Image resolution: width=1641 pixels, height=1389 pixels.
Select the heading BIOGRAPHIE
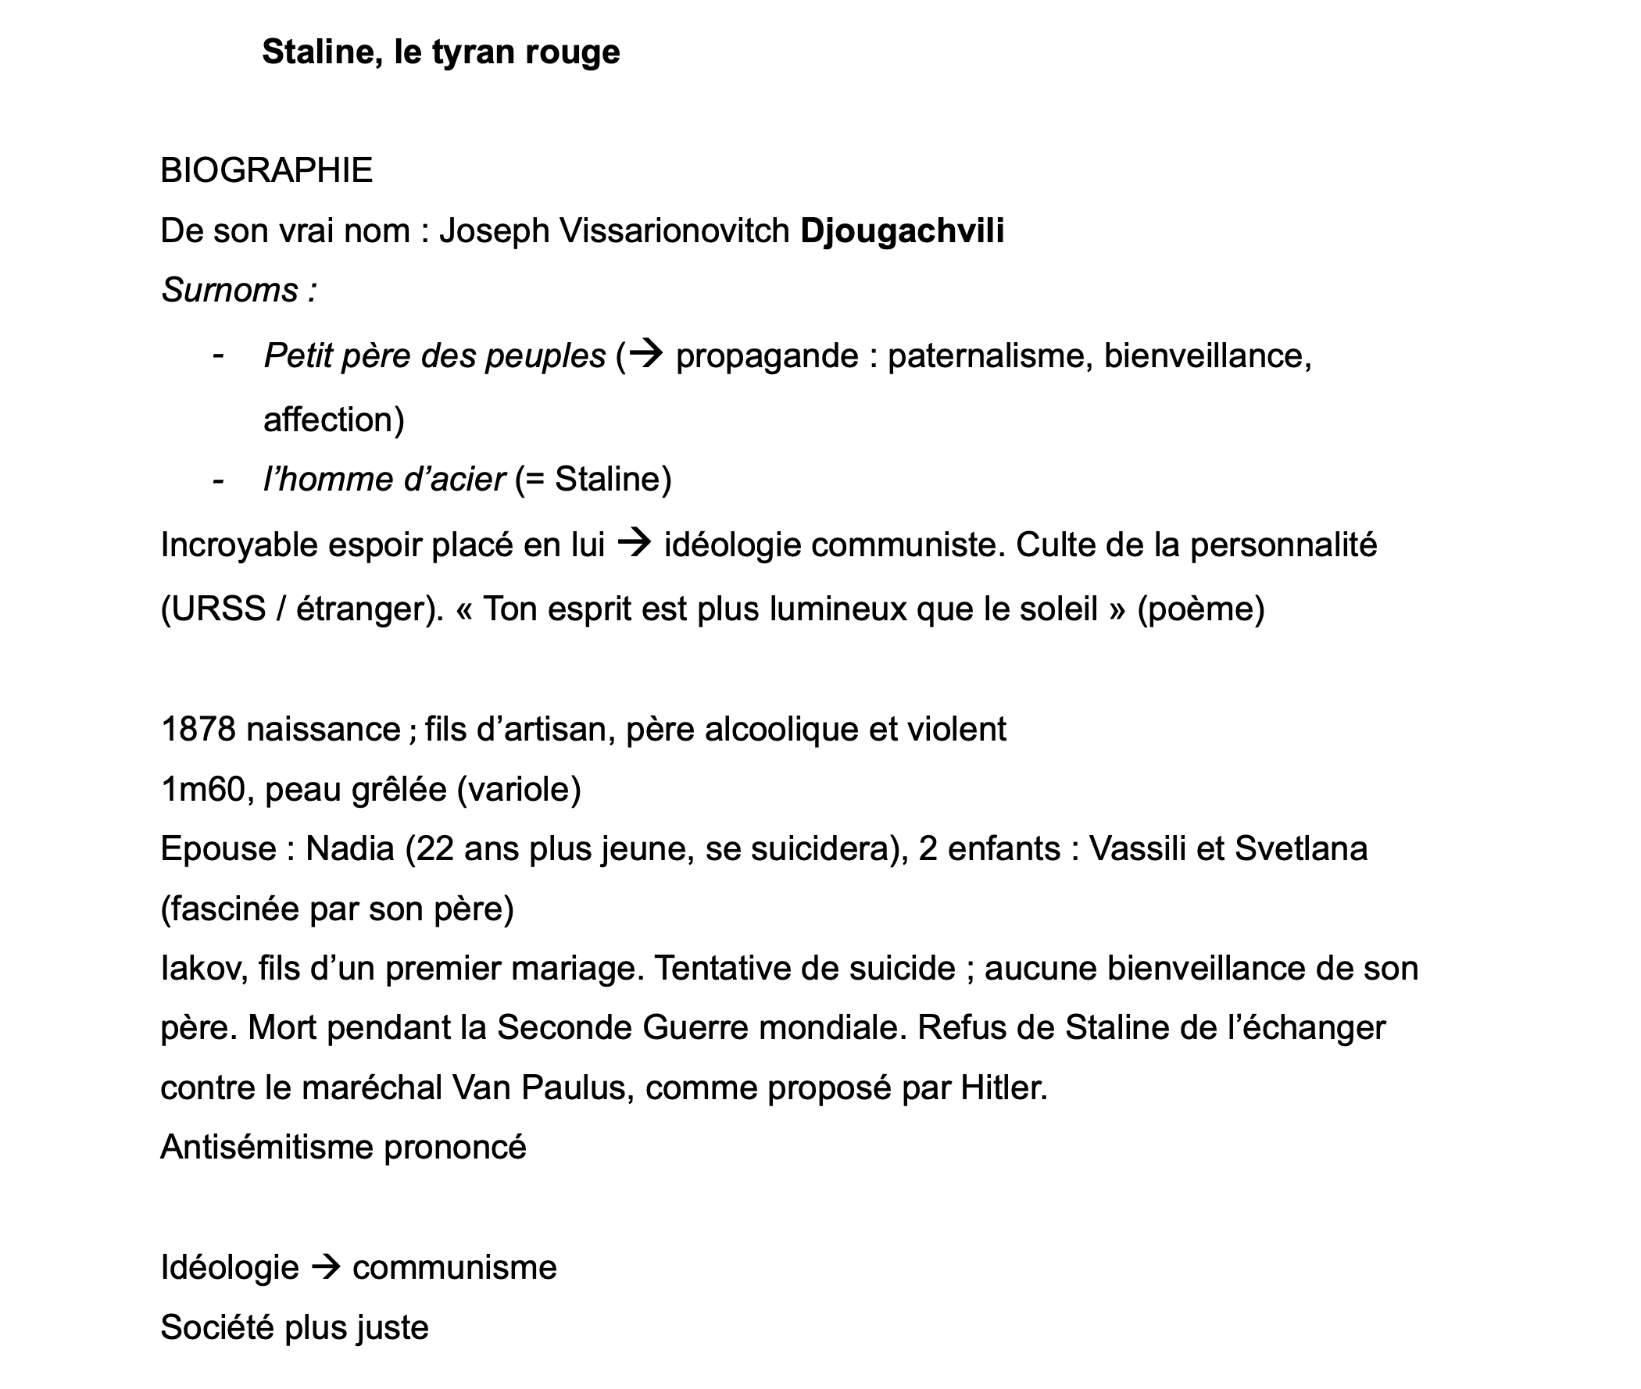click(x=266, y=171)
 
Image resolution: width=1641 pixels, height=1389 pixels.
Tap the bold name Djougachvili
click(x=902, y=230)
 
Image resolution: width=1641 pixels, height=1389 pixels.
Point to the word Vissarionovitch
click(x=674, y=230)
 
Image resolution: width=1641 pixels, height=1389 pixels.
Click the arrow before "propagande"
click(x=647, y=355)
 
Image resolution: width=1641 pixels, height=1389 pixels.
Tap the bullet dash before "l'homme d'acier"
click(x=218, y=480)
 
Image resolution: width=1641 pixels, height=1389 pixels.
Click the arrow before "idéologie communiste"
click(x=634, y=544)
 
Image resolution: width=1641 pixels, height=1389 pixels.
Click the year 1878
click(x=198, y=729)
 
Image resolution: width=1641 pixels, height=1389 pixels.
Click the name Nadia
click(x=349, y=849)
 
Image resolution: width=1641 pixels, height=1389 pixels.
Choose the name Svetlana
click(x=1301, y=849)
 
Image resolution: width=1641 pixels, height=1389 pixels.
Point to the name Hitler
click(x=1003, y=1088)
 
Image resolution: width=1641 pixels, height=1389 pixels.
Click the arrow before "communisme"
click(x=326, y=1268)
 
